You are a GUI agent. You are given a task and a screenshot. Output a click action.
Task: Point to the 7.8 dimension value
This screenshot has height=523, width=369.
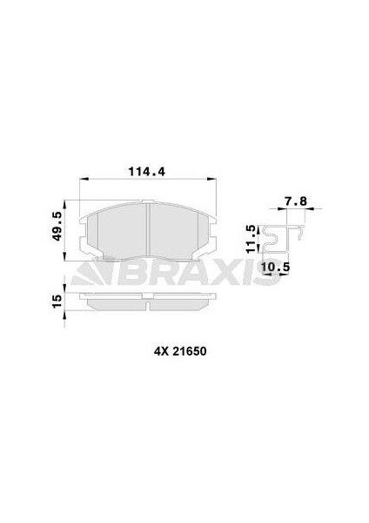295,200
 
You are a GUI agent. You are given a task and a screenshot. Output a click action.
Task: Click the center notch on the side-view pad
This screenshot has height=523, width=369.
149,306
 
